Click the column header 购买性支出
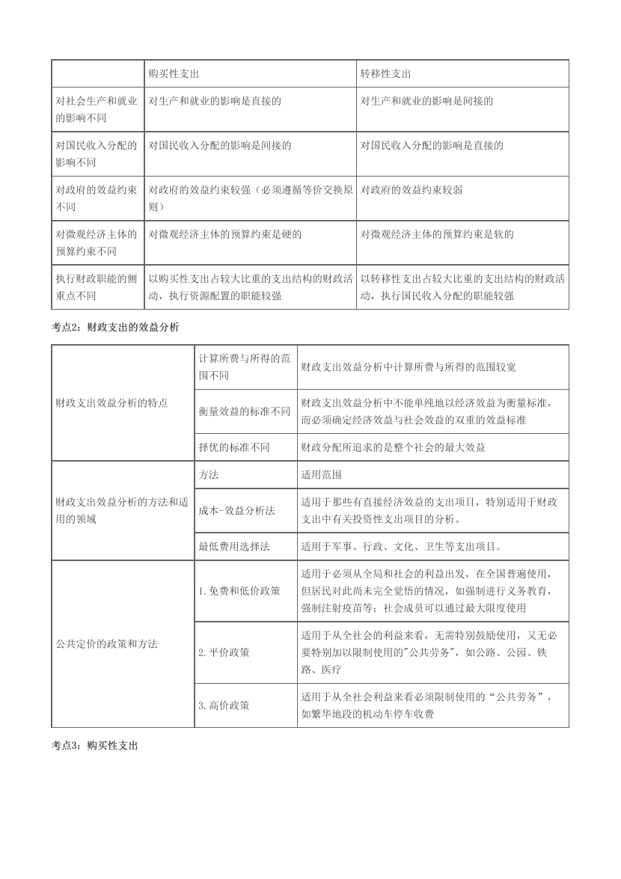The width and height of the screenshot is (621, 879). (x=173, y=74)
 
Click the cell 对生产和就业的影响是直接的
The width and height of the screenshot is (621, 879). (x=215, y=101)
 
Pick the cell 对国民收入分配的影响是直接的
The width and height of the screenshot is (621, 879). (x=432, y=146)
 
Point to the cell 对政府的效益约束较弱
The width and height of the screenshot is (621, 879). (x=412, y=190)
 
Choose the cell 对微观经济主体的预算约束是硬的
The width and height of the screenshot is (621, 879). (x=225, y=235)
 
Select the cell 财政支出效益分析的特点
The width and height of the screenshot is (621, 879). (x=111, y=403)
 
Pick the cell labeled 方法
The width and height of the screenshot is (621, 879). (x=209, y=475)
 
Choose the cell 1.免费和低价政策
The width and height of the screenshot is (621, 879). (x=239, y=590)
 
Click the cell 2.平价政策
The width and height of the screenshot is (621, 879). (x=224, y=652)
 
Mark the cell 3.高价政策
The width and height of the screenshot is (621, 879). (x=224, y=705)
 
